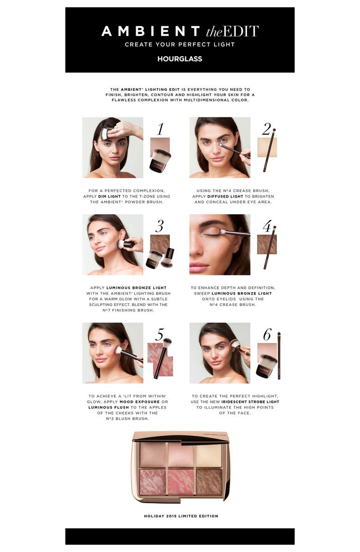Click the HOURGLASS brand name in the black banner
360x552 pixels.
[180, 59]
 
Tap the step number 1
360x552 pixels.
[160, 129]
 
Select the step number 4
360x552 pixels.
[267, 226]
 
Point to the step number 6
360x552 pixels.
[267, 334]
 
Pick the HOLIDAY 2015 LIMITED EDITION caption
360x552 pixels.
[180, 516]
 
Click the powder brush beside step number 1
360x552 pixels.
[160, 160]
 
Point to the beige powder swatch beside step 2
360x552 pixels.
[267, 148]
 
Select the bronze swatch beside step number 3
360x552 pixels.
[160, 242]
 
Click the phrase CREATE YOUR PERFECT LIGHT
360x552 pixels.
[180, 45]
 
